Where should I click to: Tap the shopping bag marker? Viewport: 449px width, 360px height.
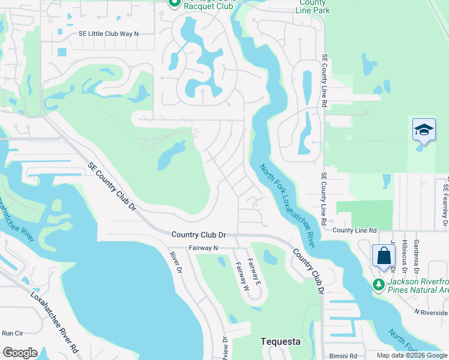click(x=384, y=256)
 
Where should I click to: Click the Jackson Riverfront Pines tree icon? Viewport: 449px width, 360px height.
click(x=378, y=283)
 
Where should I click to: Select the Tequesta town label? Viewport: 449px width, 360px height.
click(x=280, y=341)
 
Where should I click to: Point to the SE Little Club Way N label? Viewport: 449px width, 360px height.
click(x=108, y=34)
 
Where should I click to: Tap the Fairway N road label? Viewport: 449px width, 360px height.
click(x=203, y=248)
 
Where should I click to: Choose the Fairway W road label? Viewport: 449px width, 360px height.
click(x=243, y=277)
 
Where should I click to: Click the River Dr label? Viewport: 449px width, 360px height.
click(x=175, y=262)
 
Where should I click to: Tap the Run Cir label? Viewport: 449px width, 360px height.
click(x=12, y=333)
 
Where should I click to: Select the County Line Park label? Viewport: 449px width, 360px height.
click(x=313, y=7)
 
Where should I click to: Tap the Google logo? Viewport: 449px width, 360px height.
click(x=20, y=353)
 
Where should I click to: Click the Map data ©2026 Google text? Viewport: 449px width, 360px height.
click(x=411, y=355)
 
